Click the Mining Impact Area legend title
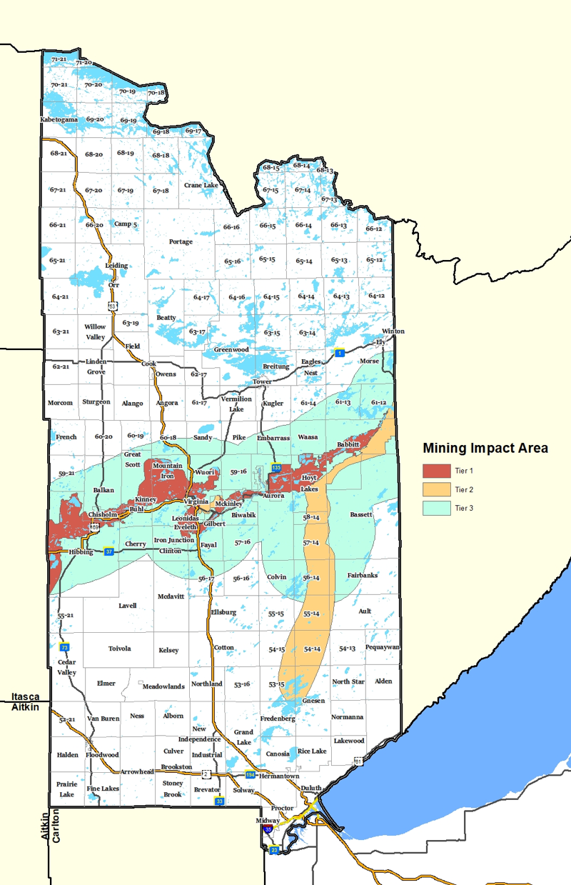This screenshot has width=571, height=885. [485, 449]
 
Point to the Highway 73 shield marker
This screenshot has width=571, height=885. [64, 646]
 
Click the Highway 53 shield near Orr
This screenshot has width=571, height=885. [112, 306]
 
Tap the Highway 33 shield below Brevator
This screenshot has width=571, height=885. [221, 801]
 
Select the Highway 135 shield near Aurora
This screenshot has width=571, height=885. [276, 466]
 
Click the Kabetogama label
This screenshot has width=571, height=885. [59, 119]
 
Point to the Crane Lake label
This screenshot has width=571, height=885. [201, 185]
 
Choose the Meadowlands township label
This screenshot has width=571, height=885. [163, 686]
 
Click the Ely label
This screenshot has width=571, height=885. [380, 341]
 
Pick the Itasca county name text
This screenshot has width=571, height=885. [25, 696]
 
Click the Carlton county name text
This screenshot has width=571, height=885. [55, 827]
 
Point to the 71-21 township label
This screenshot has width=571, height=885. [59, 59]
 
